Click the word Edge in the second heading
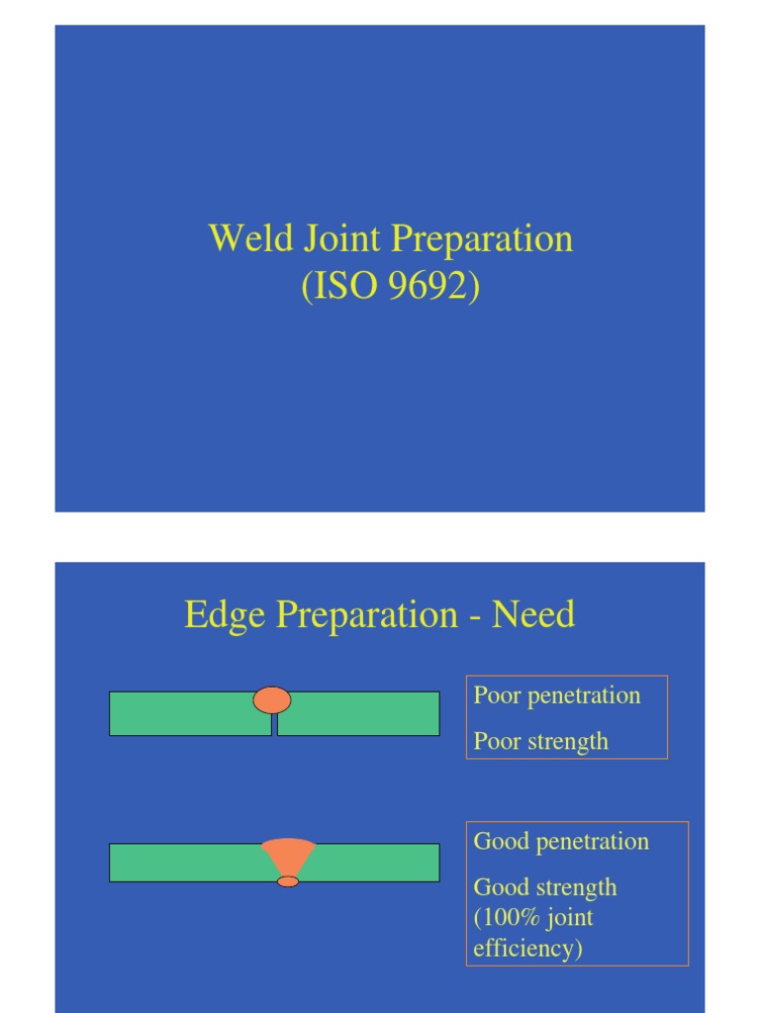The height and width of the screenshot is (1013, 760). [226, 615]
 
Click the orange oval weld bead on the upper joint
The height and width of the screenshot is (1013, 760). [272, 700]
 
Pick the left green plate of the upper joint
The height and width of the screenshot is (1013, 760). [188, 714]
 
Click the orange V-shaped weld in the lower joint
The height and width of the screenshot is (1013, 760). [288, 854]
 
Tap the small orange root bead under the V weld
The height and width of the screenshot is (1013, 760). [288, 881]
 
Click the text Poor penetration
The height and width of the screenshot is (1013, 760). [557, 695]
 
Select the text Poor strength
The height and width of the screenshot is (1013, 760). [540, 742]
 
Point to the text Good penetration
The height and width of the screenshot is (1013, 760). [561, 842]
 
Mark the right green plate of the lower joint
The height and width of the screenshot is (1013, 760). [376, 863]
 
